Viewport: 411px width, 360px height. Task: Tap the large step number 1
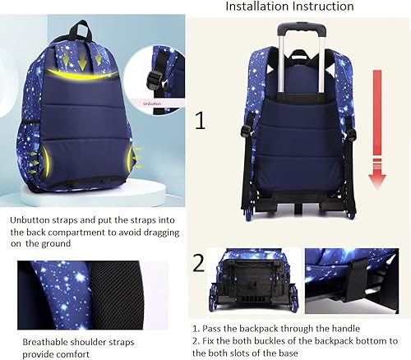(199, 123)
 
